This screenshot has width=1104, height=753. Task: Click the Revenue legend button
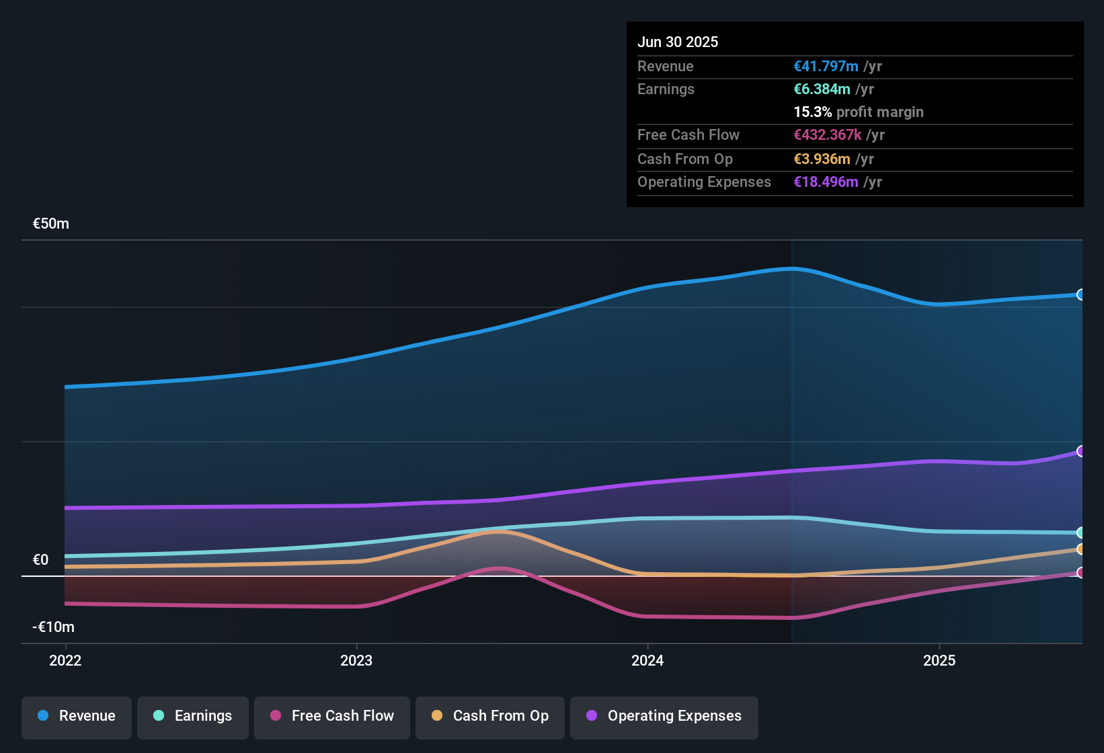(77, 716)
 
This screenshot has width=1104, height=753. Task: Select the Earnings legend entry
(193, 716)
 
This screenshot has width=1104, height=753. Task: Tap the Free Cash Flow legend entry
(332, 716)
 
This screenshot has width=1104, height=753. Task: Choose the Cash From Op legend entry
(490, 716)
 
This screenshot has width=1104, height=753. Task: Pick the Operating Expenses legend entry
(664, 716)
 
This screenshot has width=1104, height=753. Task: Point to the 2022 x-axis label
(65, 660)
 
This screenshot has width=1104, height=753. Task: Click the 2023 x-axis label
(356, 660)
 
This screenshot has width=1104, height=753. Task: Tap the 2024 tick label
(647, 660)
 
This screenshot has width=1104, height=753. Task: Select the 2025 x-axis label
(939, 660)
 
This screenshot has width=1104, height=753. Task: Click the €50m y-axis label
(51, 224)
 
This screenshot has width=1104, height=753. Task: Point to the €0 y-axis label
(41, 560)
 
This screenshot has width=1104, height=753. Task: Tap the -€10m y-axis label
(54, 627)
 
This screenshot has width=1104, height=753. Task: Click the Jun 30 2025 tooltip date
(678, 42)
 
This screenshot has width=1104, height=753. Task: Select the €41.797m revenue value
(826, 67)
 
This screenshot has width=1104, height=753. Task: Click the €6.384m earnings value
(822, 89)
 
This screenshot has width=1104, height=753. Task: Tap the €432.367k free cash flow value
(828, 135)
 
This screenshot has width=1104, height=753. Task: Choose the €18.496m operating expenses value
(826, 182)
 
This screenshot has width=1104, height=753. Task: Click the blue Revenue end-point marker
(1080, 294)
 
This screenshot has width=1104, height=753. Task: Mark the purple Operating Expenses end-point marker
(1080, 451)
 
